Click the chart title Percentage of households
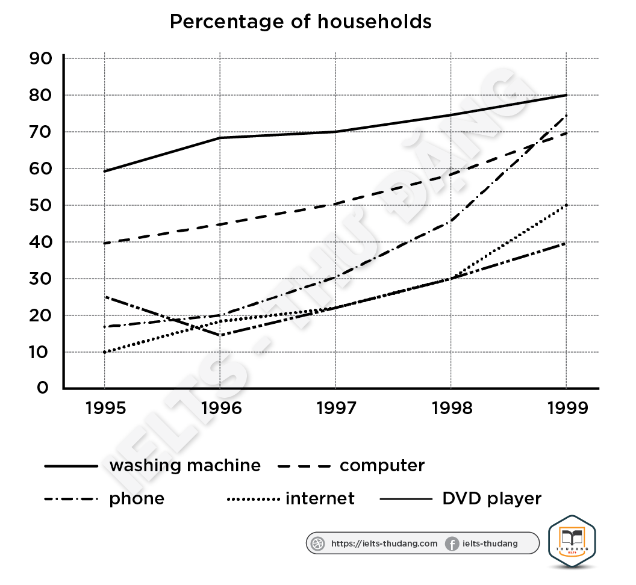click(x=301, y=22)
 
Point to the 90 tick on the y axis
click(x=41, y=58)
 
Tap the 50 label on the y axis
click(x=41, y=205)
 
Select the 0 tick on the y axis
click(x=42, y=388)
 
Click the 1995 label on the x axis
click(x=105, y=408)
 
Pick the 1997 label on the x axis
click(x=335, y=408)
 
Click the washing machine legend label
click(x=185, y=465)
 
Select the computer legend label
click(x=382, y=465)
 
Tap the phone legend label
click(x=137, y=498)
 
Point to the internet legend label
click(x=320, y=498)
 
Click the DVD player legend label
click(x=492, y=498)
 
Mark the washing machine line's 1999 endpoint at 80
click(x=566, y=95)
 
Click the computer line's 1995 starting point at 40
click(x=105, y=243)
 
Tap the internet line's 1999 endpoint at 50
click(x=566, y=205)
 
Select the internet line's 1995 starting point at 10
click(x=105, y=352)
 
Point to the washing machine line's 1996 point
click(x=220, y=138)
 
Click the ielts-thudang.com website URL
click(x=384, y=543)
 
